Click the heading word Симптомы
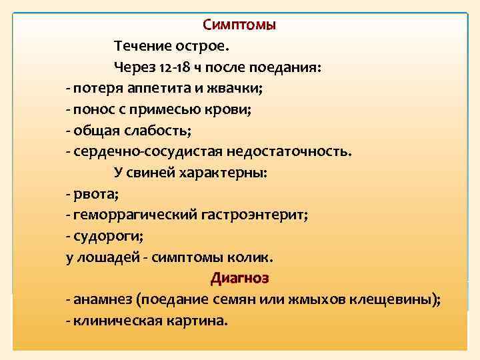pos(239,25)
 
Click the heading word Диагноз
pos(239,277)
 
